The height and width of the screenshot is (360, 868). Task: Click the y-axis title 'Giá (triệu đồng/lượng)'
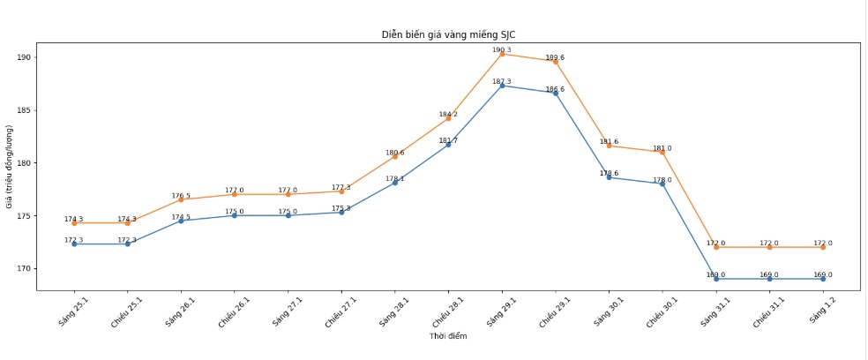coord(10,166)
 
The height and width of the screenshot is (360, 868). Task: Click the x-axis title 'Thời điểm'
coord(448,336)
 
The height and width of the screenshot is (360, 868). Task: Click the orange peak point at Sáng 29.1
coord(502,54)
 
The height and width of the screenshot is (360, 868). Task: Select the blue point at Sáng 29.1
coord(502,86)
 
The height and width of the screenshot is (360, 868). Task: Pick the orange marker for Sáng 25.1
coord(74,223)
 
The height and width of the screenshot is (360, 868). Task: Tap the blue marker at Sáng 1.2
coord(823,279)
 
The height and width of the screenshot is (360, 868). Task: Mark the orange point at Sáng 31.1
coord(716,247)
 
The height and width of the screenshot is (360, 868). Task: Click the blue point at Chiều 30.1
coord(662,184)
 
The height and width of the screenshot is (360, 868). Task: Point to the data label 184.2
coord(448,115)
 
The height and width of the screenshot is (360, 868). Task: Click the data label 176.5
coord(181,196)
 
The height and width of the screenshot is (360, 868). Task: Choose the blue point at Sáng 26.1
coord(181,221)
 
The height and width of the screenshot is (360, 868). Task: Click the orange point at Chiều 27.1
coord(341,191)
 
